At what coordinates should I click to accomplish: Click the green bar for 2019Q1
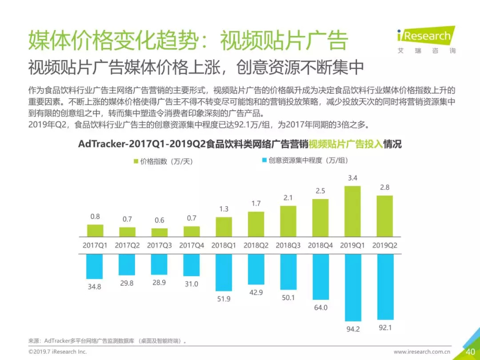(352, 212)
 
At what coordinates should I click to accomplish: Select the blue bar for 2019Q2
(385, 287)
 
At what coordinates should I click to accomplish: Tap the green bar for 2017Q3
(159, 232)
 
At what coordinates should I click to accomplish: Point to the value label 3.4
(352, 178)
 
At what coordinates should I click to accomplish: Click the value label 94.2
(352, 329)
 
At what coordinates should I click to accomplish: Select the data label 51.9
(224, 299)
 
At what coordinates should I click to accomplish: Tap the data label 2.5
(320, 191)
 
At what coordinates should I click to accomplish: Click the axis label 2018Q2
(256, 245)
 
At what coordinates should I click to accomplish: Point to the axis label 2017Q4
(192, 245)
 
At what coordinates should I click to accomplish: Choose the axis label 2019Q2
(385, 245)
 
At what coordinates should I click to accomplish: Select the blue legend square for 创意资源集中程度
(264, 160)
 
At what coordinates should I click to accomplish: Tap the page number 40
(470, 352)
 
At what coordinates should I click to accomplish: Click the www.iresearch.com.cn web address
(422, 352)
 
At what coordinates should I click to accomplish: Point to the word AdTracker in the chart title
(100, 144)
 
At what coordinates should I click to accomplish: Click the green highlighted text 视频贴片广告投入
(345, 144)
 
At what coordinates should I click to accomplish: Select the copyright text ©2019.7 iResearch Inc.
(57, 352)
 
